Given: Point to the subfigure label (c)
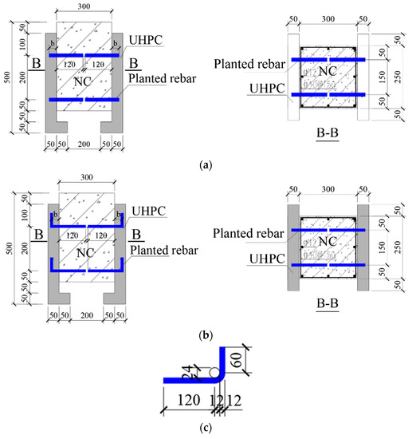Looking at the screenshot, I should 206,428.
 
